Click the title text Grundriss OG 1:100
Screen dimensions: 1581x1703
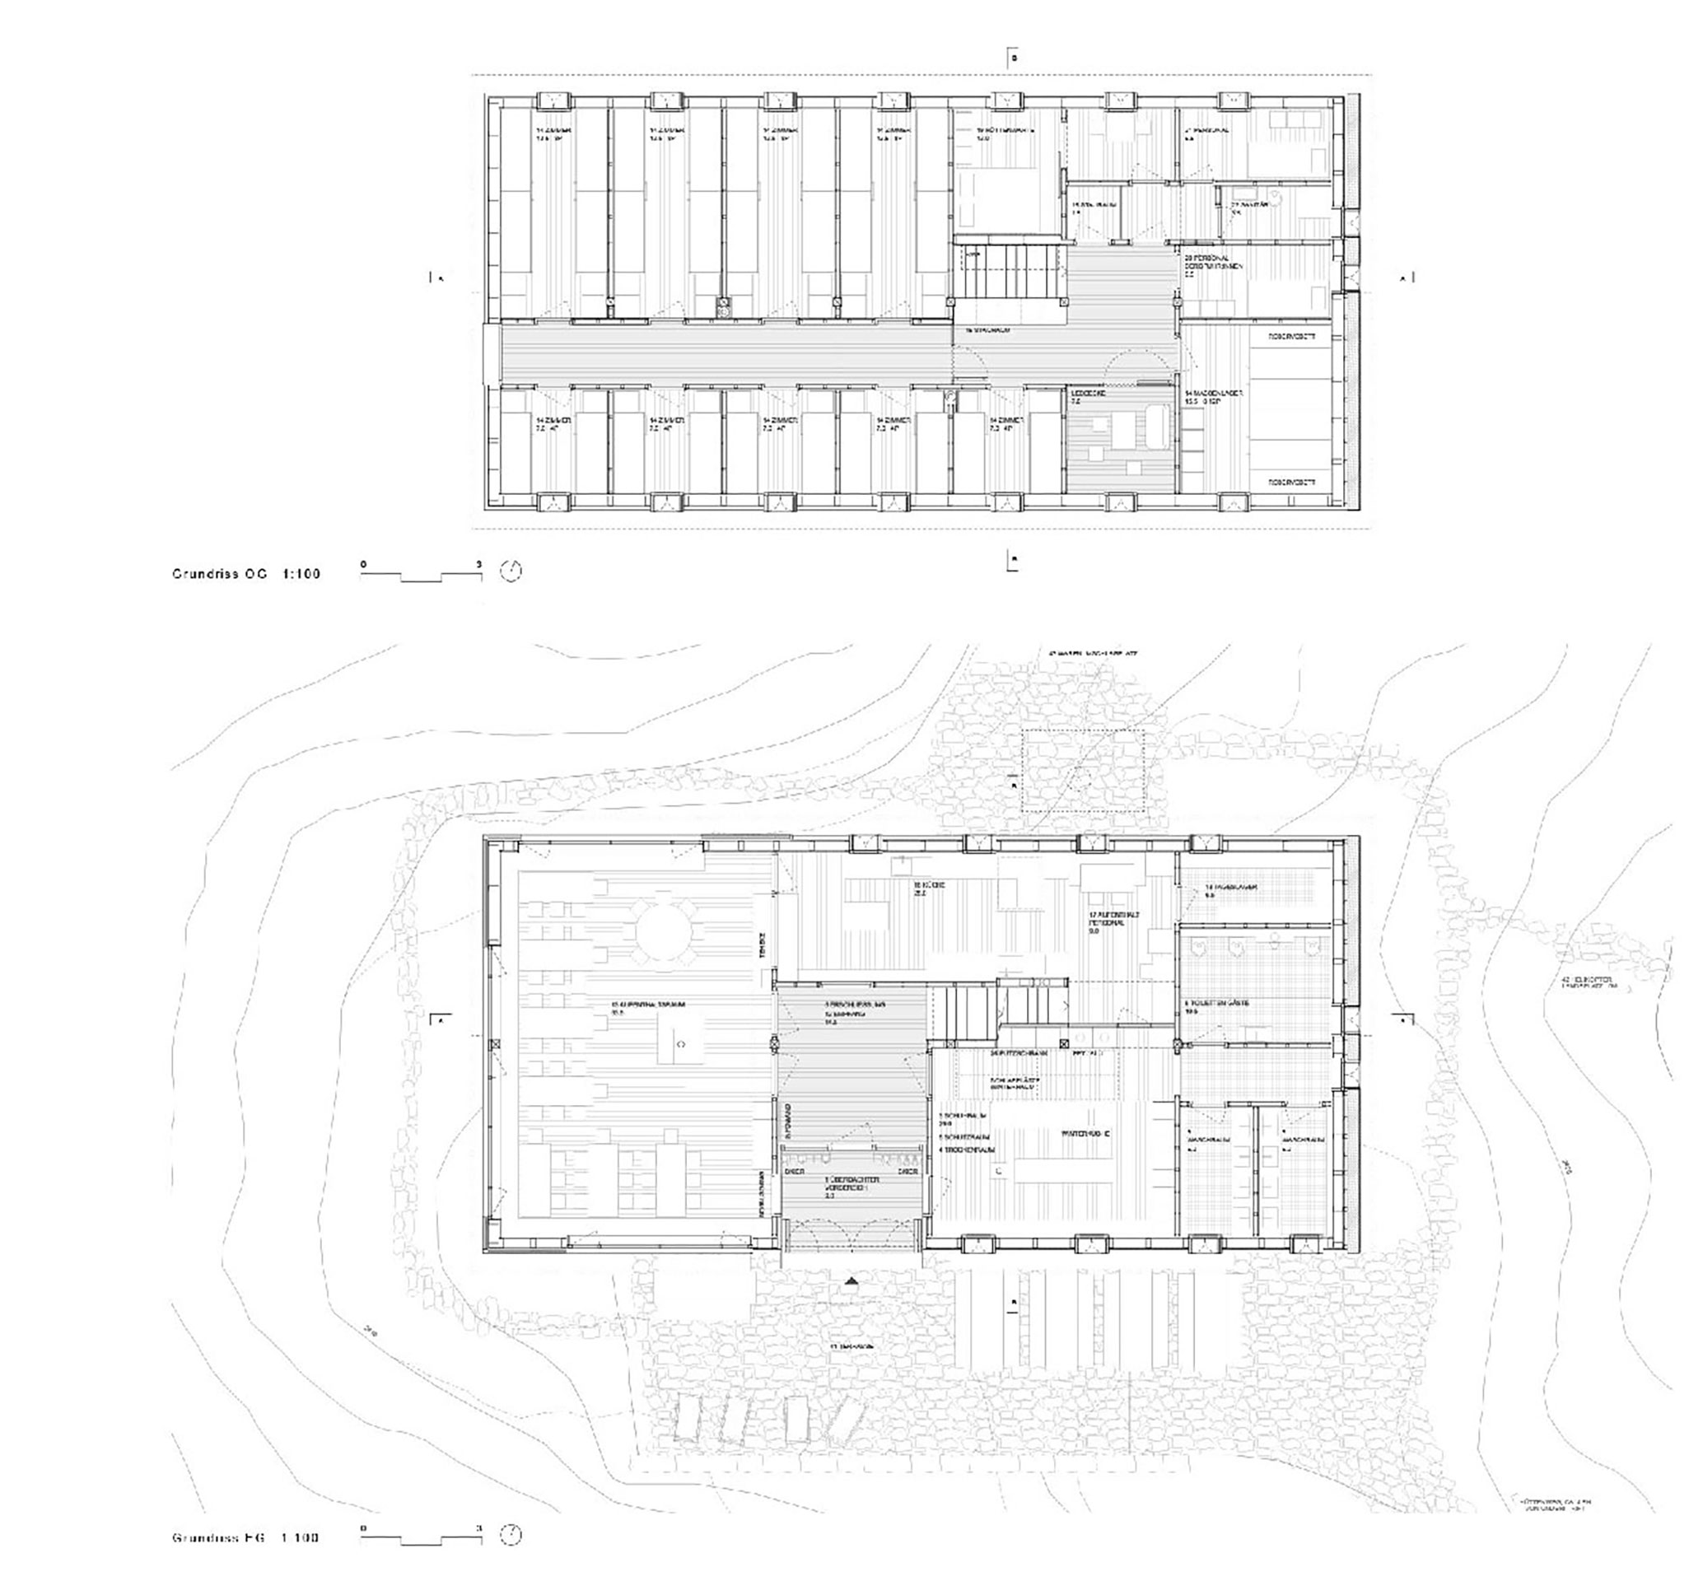(x=245, y=574)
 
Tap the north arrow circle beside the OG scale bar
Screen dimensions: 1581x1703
(x=511, y=571)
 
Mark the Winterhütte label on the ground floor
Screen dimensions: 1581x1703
(x=1085, y=1134)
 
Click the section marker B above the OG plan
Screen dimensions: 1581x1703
(x=1013, y=59)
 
